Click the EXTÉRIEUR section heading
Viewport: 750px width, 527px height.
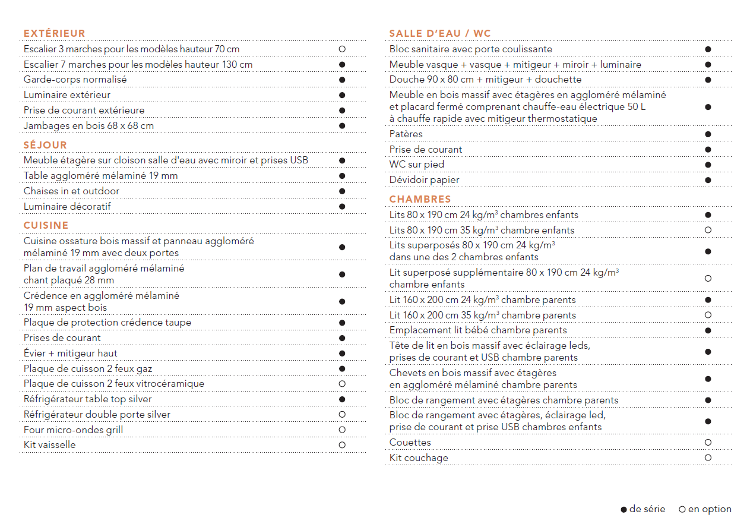pyautogui.click(x=54, y=33)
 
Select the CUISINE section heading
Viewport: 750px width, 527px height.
pyautogui.click(x=46, y=225)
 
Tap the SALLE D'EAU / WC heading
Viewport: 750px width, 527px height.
pyautogui.click(x=440, y=33)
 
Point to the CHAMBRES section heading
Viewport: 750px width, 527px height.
pyautogui.click(x=420, y=199)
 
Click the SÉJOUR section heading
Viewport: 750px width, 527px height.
pyautogui.click(x=45, y=145)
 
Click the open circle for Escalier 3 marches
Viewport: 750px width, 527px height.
pyautogui.click(x=342, y=49)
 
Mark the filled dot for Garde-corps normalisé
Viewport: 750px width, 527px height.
pyautogui.click(x=342, y=80)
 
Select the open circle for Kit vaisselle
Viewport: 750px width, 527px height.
pyautogui.click(x=342, y=445)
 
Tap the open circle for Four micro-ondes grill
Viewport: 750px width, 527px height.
pyautogui.click(x=342, y=430)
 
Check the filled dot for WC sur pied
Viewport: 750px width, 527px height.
pyautogui.click(x=708, y=165)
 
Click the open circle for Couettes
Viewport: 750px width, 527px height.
pyautogui.click(x=708, y=443)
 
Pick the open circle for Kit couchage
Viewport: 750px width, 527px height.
pyautogui.click(x=708, y=458)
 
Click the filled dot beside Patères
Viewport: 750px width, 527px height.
pyautogui.click(x=708, y=134)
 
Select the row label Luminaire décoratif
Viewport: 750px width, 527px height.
pyautogui.click(x=67, y=207)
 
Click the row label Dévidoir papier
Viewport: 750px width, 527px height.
pyautogui.click(x=424, y=180)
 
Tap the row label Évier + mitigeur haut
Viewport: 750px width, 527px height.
pyautogui.click(x=70, y=354)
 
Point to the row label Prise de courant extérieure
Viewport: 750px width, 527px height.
pyautogui.click(x=84, y=111)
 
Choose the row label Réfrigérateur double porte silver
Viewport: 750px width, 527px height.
pyautogui.click(x=97, y=415)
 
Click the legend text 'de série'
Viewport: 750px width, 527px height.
pyautogui.click(x=647, y=509)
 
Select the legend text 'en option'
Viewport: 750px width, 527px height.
pyautogui.click(x=710, y=509)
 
